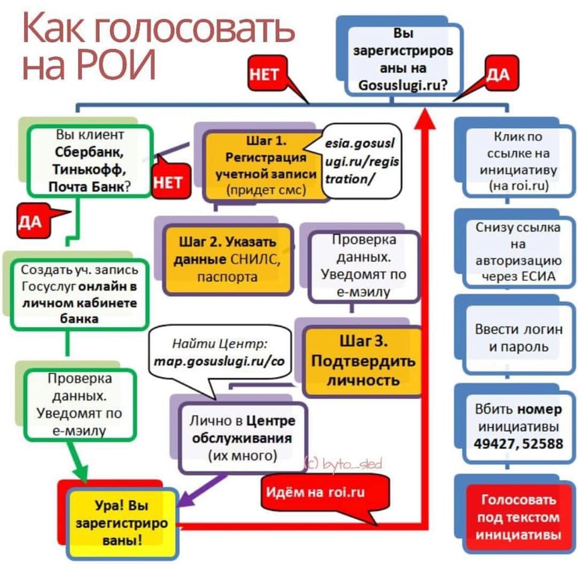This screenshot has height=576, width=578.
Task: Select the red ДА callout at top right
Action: click(x=497, y=74)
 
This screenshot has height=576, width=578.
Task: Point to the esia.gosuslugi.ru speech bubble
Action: click(x=360, y=162)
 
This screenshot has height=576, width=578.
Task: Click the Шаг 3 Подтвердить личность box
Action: click(x=362, y=361)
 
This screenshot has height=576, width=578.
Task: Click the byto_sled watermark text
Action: click(x=344, y=463)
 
